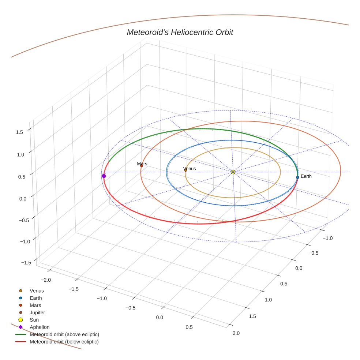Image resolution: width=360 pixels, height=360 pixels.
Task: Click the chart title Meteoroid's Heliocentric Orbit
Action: click(x=180, y=33)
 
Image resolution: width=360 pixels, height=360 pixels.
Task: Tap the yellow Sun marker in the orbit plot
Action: click(x=233, y=172)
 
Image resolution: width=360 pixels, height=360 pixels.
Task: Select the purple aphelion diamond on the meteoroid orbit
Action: click(x=104, y=176)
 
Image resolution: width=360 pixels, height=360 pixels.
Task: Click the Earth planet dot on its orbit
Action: click(x=297, y=177)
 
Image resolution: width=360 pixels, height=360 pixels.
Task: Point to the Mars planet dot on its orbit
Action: click(x=142, y=166)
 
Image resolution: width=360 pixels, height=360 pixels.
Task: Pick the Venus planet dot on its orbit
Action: click(x=185, y=170)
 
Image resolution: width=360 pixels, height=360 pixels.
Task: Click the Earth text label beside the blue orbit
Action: click(x=306, y=176)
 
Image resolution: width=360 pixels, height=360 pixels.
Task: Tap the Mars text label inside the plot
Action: click(x=142, y=164)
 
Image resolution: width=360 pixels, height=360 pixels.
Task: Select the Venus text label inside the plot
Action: click(x=190, y=168)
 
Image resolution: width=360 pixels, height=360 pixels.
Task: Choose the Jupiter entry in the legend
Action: click(x=37, y=312)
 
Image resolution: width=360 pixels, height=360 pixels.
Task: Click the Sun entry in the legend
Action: click(x=34, y=320)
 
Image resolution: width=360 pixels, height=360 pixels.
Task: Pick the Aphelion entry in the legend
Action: click(x=40, y=327)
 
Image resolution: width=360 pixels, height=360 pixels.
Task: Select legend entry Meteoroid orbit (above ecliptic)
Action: click(x=64, y=334)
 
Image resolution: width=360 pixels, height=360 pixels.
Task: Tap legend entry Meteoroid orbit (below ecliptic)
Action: click(x=64, y=342)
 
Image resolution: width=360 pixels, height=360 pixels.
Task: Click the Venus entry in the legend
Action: click(x=37, y=290)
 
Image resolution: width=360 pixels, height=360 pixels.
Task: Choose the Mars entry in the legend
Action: click(x=35, y=305)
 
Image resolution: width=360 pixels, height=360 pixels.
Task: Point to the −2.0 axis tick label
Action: click(x=46, y=280)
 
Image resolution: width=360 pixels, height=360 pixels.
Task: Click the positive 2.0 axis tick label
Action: click(x=236, y=333)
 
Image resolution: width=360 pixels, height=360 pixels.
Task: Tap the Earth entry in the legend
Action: click(x=35, y=298)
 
